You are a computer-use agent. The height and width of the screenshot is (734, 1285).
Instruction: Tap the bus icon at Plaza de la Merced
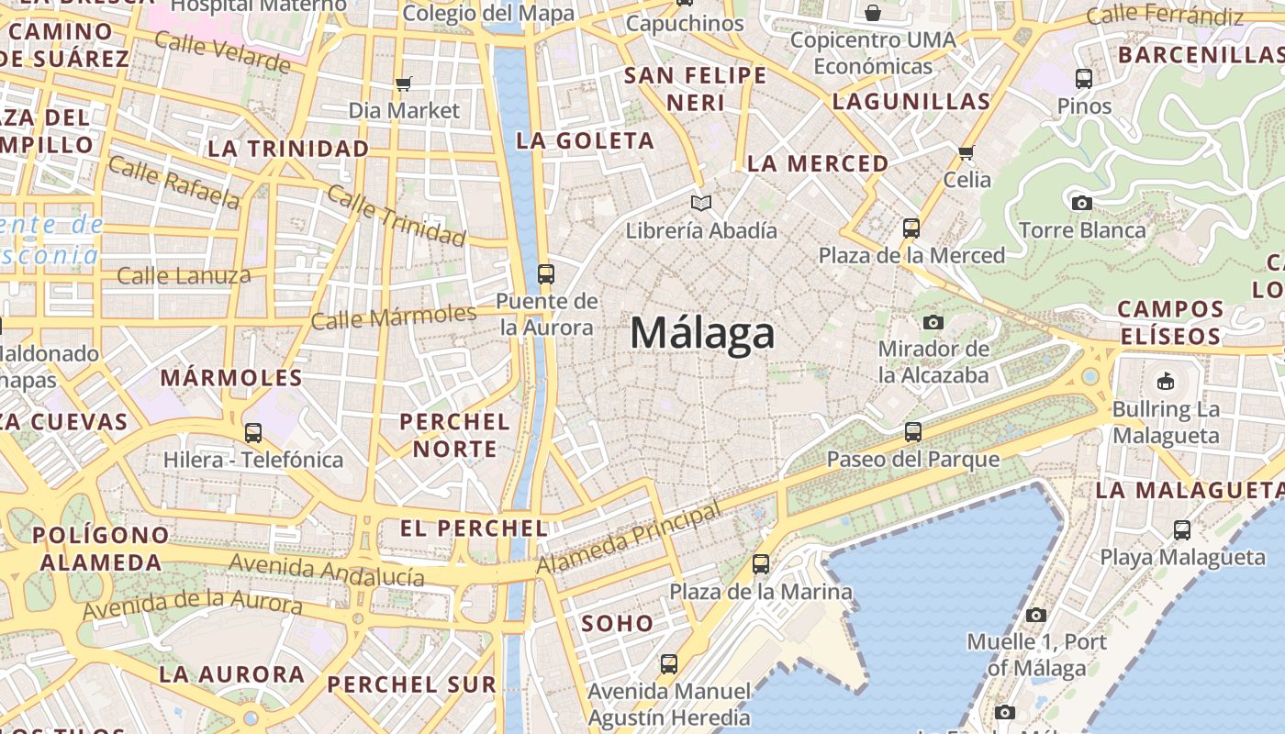point(911,228)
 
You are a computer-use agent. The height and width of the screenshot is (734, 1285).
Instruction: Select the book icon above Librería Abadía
point(701,203)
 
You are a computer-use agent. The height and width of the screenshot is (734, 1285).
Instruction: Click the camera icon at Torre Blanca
point(1082,203)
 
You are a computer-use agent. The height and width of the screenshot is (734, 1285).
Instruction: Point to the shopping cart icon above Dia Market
point(403,84)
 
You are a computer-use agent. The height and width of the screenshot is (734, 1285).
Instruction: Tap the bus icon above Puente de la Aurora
point(546,273)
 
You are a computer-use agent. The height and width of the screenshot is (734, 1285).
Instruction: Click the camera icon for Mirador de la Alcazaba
point(933,322)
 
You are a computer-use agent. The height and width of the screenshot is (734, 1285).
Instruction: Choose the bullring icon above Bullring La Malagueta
point(1165,380)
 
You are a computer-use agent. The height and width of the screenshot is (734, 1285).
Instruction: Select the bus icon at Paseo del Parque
point(912,431)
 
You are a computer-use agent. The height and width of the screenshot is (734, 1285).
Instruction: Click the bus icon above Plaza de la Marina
point(761,564)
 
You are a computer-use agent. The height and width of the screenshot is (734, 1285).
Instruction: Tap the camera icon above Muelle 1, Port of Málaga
point(1036,615)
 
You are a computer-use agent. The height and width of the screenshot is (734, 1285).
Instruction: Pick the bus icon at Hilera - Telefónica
point(252,432)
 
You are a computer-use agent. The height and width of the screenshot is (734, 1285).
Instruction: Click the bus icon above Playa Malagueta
point(1182,529)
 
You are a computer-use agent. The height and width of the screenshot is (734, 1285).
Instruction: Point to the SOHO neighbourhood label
point(618,624)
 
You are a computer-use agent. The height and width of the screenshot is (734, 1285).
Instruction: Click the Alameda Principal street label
point(629,540)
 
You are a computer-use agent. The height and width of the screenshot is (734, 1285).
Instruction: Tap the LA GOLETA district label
point(585,140)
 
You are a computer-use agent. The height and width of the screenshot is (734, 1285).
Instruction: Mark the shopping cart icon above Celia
point(966,152)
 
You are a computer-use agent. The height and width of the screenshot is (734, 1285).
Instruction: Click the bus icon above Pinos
point(1084,79)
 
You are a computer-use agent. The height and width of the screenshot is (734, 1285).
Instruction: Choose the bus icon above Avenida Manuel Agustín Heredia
point(669,663)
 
